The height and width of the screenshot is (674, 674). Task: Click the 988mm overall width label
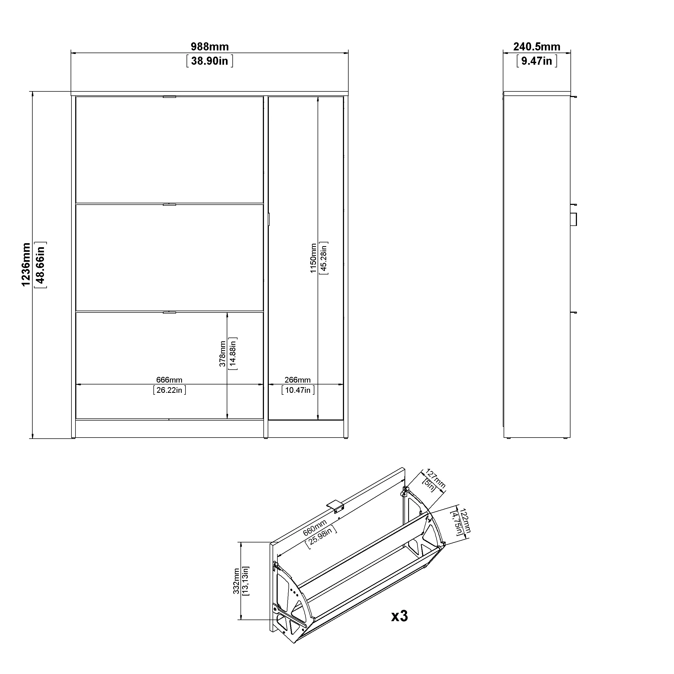click(210, 46)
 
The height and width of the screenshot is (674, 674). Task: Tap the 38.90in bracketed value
click(210, 61)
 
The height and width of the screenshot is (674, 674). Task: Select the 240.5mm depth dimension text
click(537, 46)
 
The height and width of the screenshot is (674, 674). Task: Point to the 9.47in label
click(537, 61)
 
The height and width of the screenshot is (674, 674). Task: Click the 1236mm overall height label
click(26, 264)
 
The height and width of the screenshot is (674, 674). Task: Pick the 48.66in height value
click(40, 265)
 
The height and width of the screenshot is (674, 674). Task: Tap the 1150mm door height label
click(313, 258)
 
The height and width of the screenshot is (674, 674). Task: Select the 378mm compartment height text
click(222, 354)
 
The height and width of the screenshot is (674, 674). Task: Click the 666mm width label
click(169, 380)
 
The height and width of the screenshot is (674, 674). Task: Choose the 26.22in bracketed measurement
click(169, 390)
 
